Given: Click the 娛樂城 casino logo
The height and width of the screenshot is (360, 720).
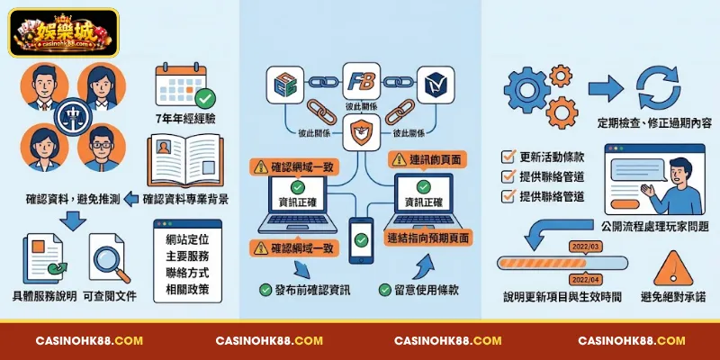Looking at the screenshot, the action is [x=63, y=32].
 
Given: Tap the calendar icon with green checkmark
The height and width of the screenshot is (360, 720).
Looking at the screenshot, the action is [x=184, y=85].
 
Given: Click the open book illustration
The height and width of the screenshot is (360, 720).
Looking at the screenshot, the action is [x=185, y=161].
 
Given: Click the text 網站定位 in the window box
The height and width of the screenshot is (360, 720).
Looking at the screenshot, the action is [x=187, y=240].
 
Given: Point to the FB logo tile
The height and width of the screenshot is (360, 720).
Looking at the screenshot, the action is [x=362, y=82].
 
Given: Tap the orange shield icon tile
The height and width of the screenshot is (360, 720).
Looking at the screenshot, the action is [x=362, y=132].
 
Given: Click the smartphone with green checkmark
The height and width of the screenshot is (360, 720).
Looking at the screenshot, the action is [x=361, y=240].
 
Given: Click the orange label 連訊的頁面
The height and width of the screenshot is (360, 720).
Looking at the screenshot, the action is [x=427, y=159].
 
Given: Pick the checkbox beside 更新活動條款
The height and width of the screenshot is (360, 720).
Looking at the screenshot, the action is [x=508, y=157].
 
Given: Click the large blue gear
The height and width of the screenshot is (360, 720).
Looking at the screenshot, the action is [x=527, y=90].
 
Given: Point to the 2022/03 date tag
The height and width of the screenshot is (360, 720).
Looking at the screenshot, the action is [x=585, y=247].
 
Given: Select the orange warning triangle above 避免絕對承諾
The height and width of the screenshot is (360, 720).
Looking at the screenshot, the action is [x=672, y=269].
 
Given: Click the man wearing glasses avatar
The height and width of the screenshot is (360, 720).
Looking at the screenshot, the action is [x=102, y=148].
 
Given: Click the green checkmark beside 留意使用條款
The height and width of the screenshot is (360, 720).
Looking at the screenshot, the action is [x=385, y=290].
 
